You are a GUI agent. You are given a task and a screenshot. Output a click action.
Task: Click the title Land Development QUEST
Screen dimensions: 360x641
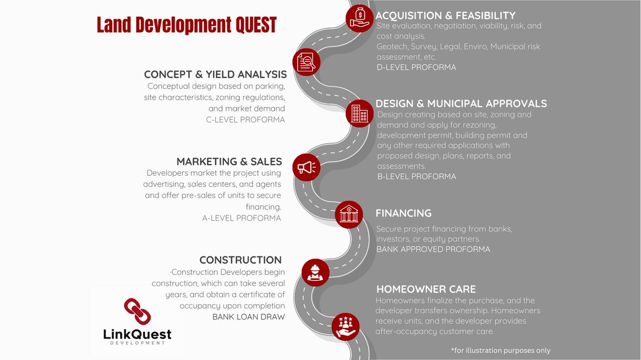pyautogui.click(x=186, y=25)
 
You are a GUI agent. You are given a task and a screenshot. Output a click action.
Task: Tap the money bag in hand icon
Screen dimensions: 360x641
pyautogui.click(x=359, y=18)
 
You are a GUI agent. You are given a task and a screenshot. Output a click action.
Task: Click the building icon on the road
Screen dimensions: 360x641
pyautogui.click(x=359, y=113)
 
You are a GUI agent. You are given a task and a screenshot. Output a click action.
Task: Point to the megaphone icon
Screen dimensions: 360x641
pyautogui.click(x=307, y=167)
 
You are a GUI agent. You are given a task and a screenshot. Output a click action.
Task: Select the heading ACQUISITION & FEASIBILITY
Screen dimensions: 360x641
pyautogui.click(x=445, y=15)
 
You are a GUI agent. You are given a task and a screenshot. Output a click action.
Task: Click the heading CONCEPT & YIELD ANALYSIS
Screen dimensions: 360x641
pyautogui.click(x=215, y=75)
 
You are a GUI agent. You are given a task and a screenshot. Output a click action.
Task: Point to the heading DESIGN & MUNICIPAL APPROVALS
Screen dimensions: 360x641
pyautogui.click(x=461, y=104)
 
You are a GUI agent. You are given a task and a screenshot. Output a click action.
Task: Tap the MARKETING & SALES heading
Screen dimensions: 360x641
pyautogui.click(x=229, y=161)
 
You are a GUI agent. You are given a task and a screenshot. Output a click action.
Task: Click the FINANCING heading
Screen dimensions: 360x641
pyautogui.click(x=403, y=213)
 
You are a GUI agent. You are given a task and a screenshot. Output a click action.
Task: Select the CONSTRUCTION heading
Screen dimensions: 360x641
pyautogui.click(x=240, y=260)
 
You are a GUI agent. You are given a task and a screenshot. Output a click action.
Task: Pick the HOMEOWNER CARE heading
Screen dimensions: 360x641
pyautogui.click(x=425, y=289)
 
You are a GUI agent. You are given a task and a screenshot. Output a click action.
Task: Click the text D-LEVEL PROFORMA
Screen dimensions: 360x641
pyautogui.click(x=416, y=67)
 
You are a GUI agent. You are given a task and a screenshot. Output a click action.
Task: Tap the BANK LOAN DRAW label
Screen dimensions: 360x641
pyautogui.click(x=249, y=317)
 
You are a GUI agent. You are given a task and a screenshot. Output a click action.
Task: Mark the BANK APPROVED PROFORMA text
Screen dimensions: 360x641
pyautogui.click(x=433, y=249)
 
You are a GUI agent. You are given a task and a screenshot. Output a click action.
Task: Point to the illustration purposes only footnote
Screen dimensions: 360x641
pyautogui.click(x=501, y=350)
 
